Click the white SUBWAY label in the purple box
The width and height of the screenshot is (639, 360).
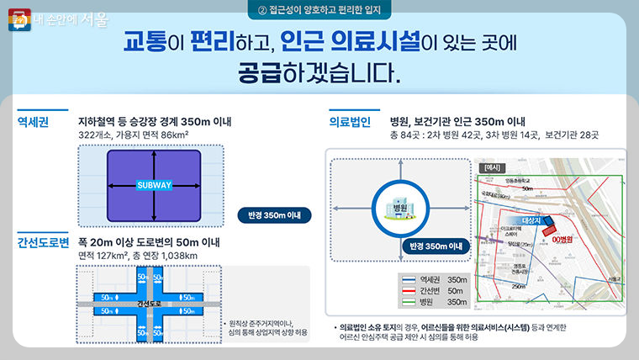(x=155, y=184)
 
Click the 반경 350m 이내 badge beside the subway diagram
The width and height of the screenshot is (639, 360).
(x=274, y=214)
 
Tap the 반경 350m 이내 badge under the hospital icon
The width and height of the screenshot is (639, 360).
(x=433, y=246)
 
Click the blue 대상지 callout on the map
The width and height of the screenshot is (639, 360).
(x=531, y=220)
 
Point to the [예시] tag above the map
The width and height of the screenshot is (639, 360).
(x=491, y=167)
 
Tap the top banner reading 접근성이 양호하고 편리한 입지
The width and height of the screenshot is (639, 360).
(x=319, y=10)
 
